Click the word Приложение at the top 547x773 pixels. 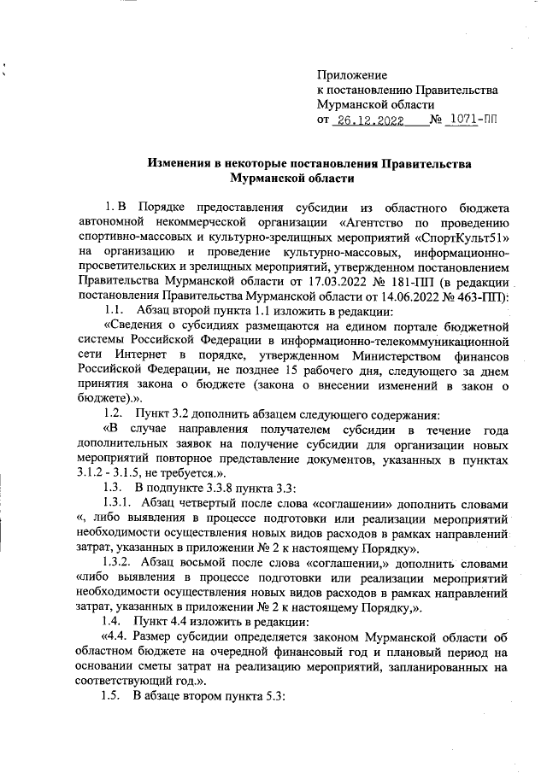[352, 76]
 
